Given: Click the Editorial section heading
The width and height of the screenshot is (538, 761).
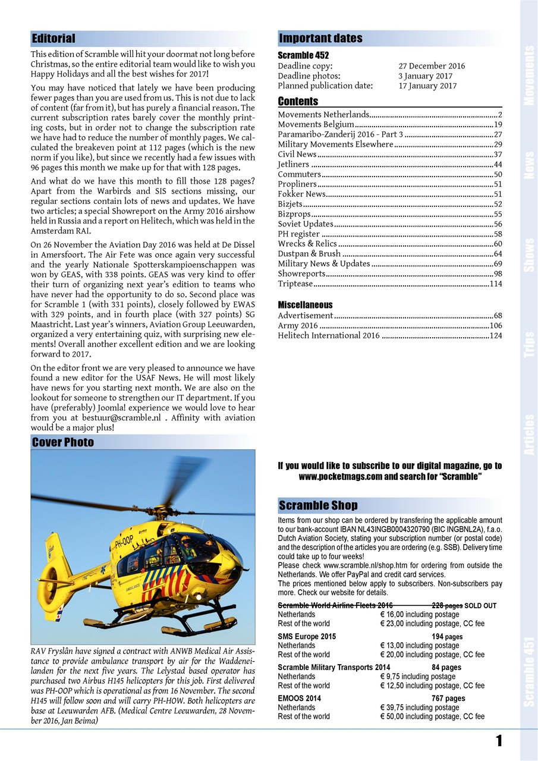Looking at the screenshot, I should click(x=54, y=39).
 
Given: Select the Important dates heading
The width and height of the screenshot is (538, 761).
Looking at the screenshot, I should click(x=320, y=39).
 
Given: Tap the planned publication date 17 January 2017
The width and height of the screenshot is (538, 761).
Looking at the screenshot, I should click(x=427, y=86).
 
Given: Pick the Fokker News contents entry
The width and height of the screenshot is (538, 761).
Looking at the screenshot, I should click(x=301, y=194).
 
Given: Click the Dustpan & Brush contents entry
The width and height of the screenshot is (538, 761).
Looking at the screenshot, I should click(x=309, y=253).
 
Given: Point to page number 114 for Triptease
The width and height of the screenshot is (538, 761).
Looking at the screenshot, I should click(x=495, y=284).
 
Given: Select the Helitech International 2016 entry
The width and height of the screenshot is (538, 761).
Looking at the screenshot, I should click(x=329, y=335).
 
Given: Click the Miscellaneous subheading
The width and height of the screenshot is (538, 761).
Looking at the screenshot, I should click(x=305, y=305).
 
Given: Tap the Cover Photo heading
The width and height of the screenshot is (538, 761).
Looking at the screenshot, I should click(x=63, y=442).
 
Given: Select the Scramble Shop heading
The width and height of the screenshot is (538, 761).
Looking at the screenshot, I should click(x=318, y=505).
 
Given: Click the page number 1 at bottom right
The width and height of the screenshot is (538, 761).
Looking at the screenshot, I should click(x=499, y=741).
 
